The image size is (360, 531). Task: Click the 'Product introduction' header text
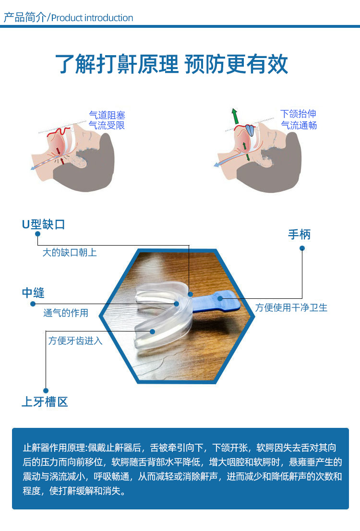tap(92, 18)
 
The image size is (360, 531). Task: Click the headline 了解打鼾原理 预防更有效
tap(171, 64)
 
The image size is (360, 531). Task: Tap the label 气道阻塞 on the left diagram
tap(107, 115)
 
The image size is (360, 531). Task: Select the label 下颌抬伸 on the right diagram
tap(298, 114)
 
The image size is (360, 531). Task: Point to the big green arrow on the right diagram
tap(235, 116)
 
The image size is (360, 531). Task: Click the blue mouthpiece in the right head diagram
tap(250, 130)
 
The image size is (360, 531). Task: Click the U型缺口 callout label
tap(43, 224)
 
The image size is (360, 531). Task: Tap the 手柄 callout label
tap(300, 235)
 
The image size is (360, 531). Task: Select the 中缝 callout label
tap(33, 293)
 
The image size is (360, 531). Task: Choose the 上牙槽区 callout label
tap(45, 401)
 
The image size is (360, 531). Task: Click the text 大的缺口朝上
tap(70, 252)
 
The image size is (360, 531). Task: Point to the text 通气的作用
tap(66, 313)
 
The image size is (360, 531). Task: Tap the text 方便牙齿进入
tap(75, 341)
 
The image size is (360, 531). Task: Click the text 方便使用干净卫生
tap(291, 307)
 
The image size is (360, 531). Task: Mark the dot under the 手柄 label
tap(302, 248)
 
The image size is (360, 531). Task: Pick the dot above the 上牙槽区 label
tap(46, 390)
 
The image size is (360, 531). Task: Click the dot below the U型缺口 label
tap(37, 234)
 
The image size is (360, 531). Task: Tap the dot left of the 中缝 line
tap(33, 304)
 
